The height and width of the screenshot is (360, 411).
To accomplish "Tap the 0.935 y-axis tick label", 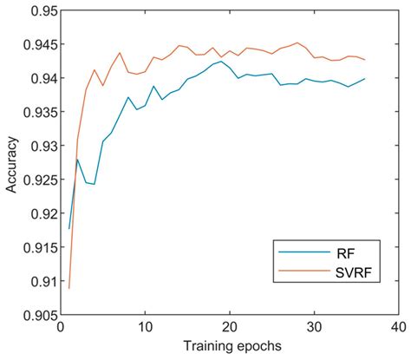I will (x=32, y=113).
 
